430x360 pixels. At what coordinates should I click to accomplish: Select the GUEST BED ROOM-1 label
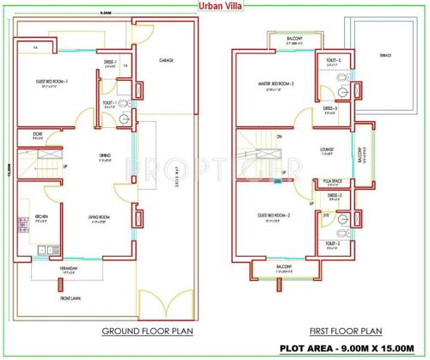pyautogui.click(x=53, y=81)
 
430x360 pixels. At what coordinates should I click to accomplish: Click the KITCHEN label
pyautogui.click(x=41, y=216)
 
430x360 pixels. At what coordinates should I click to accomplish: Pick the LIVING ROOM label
pyautogui.click(x=96, y=221)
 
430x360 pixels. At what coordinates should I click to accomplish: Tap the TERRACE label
pyautogui.click(x=384, y=55)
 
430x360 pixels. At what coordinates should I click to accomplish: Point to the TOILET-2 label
pyautogui.click(x=332, y=243)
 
